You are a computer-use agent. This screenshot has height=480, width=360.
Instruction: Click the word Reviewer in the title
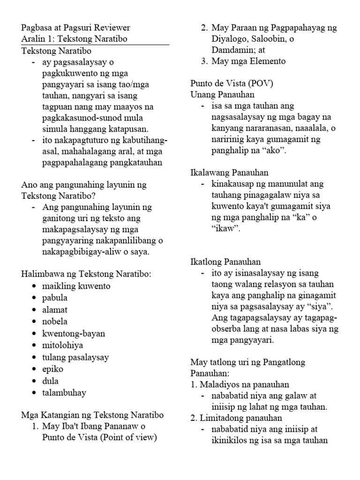[x=112, y=28]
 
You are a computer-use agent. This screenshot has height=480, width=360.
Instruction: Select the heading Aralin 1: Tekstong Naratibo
[x=74, y=39]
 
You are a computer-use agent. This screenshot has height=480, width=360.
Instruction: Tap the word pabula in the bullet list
[x=54, y=298]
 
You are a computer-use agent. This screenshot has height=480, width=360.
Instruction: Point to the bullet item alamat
[x=55, y=310]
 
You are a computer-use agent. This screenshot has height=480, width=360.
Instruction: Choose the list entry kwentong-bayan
[x=74, y=334]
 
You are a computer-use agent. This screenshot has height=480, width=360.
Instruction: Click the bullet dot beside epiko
[x=34, y=369]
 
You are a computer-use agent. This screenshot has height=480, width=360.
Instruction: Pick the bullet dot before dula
[x=34, y=382]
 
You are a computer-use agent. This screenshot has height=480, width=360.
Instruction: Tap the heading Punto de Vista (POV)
[x=232, y=83]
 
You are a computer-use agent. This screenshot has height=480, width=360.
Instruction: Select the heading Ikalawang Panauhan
[x=229, y=172]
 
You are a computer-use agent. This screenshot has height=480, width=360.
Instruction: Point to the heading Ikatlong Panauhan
[x=225, y=262]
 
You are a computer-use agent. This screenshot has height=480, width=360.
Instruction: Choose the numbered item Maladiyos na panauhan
[x=244, y=384]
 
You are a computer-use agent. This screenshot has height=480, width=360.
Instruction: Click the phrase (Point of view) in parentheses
[x=127, y=438]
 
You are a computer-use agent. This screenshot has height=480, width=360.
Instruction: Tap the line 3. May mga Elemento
[x=243, y=61]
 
